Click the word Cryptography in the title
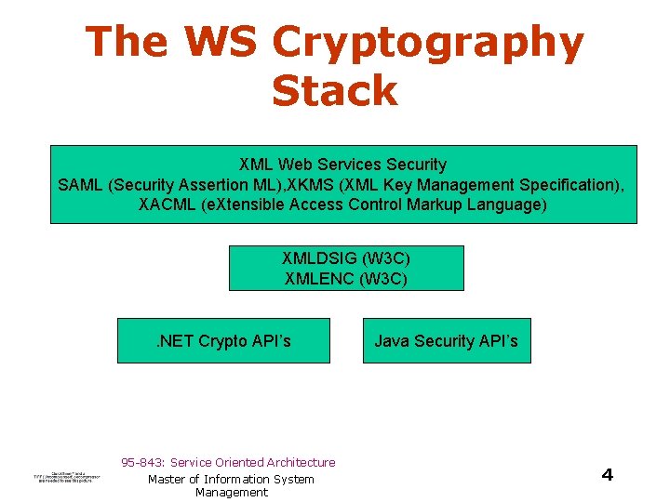(x=429, y=44)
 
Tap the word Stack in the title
(x=335, y=92)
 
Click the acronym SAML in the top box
(x=81, y=185)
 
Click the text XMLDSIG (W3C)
(x=346, y=258)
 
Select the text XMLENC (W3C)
(x=346, y=278)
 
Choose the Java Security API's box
(x=446, y=341)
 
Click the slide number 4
(x=607, y=475)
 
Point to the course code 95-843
(x=141, y=463)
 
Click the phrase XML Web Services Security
(x=343, y=165)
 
